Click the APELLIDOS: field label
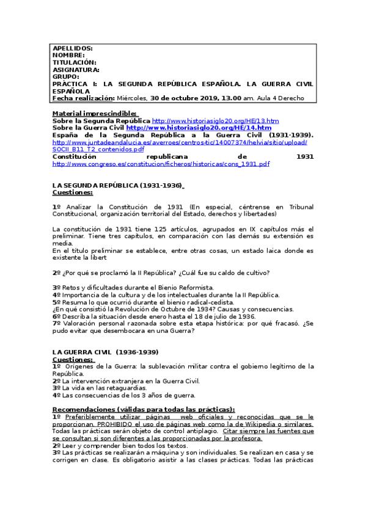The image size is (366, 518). click(x=72, y=48)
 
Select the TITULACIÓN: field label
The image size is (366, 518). click(x=75, y=62)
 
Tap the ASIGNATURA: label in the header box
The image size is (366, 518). click(x=76, y=70)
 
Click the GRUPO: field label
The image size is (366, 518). click(x=66, y=77)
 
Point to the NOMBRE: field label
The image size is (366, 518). click(x=68, y=55)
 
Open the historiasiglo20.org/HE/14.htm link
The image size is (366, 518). click(x=199, y=128)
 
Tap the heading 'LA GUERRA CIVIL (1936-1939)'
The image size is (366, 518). click(x=105, y=352)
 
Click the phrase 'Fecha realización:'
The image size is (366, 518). click(x=83, y=98)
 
